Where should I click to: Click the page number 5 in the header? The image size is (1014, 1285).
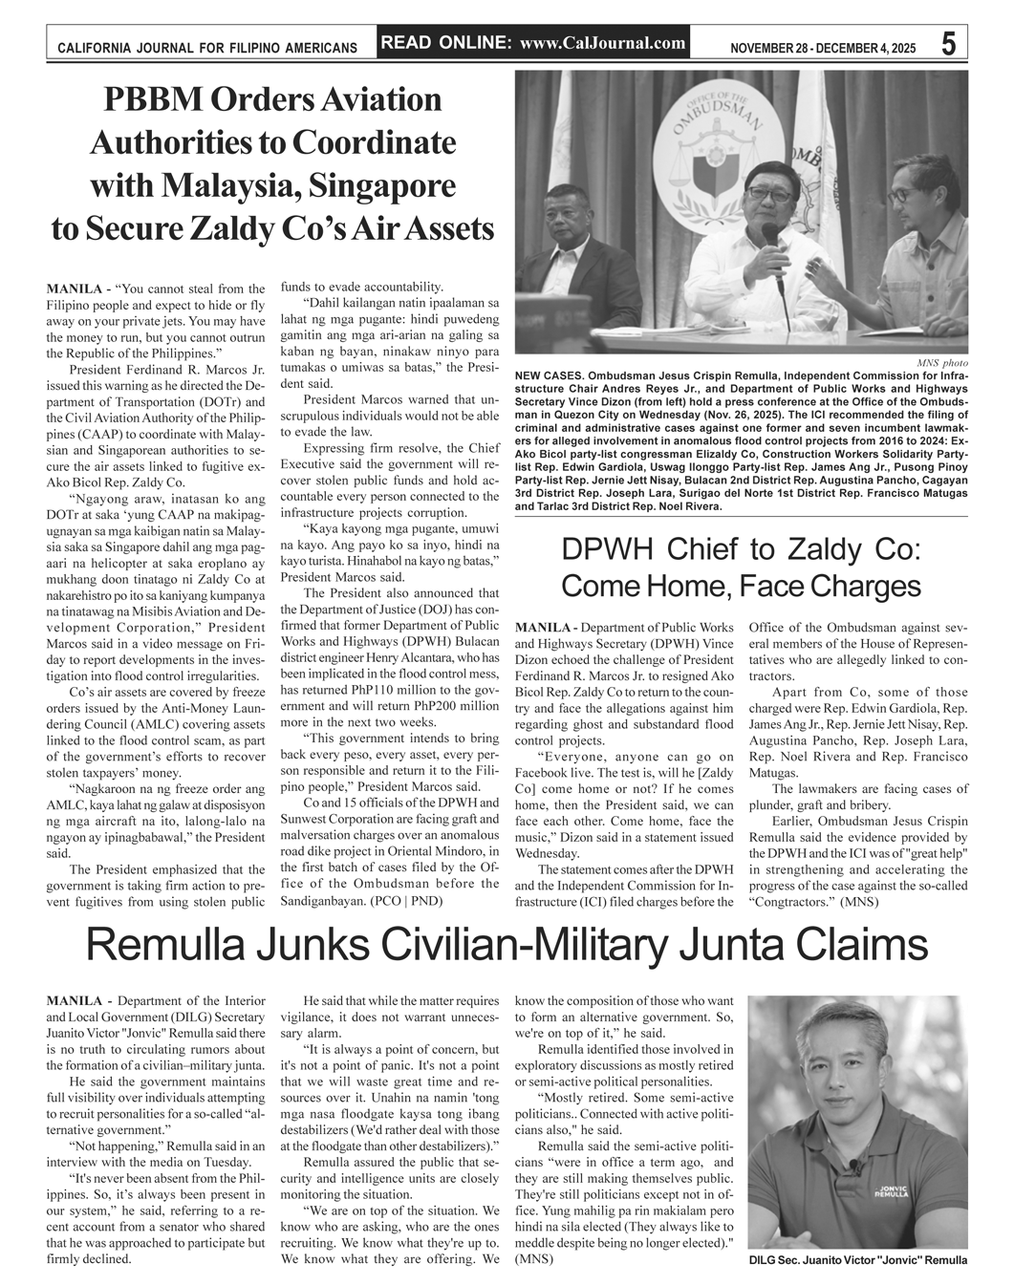point(948,45)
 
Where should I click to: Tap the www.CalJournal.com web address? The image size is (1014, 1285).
point(603,43)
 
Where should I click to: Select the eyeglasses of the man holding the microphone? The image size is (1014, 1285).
point(766,192)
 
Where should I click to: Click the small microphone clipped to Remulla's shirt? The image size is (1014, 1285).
point(853,1168)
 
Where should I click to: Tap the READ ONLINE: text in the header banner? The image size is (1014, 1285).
point(447,43)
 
